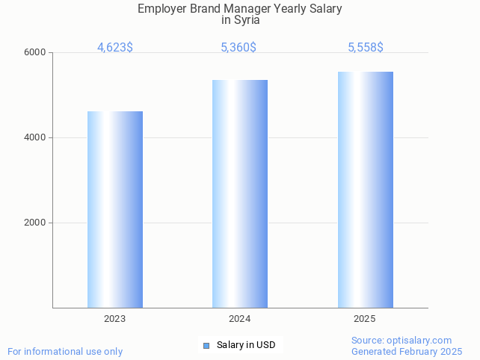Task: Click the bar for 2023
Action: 115,209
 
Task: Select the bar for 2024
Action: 240,193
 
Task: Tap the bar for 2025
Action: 365,190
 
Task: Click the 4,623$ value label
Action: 115,48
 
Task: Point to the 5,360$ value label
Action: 239,48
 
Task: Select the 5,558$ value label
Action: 366,48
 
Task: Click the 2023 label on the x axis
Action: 115,319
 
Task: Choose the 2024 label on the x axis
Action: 240,319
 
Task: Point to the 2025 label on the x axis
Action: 365,319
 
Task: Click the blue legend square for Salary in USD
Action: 206,345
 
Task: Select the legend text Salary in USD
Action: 246,345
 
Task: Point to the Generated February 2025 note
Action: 407,351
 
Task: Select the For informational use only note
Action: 65,351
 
